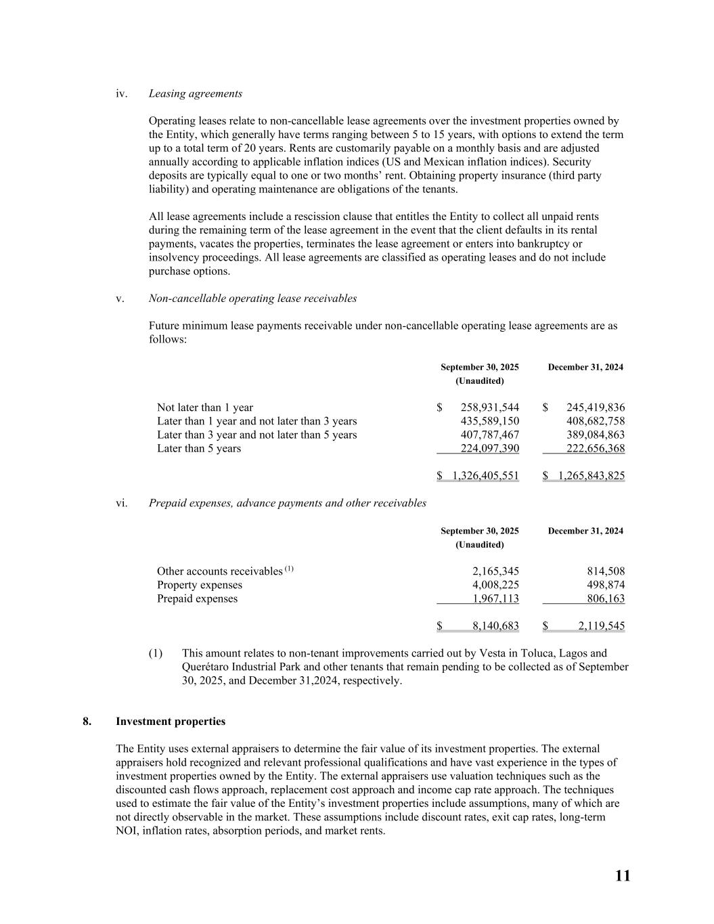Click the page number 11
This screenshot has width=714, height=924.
623,876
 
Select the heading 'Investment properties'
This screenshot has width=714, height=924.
171,722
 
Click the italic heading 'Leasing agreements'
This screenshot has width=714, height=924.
195,93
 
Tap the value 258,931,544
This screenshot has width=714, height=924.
489,408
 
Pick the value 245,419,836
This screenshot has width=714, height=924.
595,408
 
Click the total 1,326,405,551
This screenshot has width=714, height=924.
485,476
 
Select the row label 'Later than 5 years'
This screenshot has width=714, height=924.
199,448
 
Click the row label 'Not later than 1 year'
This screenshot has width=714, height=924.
205,408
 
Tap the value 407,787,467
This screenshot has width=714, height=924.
489,435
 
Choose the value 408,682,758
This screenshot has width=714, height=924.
595,421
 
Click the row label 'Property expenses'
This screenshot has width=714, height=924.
200,585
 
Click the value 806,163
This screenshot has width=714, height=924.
604,599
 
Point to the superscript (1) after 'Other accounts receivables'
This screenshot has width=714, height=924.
289,569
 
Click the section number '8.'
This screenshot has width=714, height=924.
87,722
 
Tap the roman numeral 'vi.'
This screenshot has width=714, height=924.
122,503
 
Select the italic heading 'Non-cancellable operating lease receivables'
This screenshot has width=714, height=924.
252,299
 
